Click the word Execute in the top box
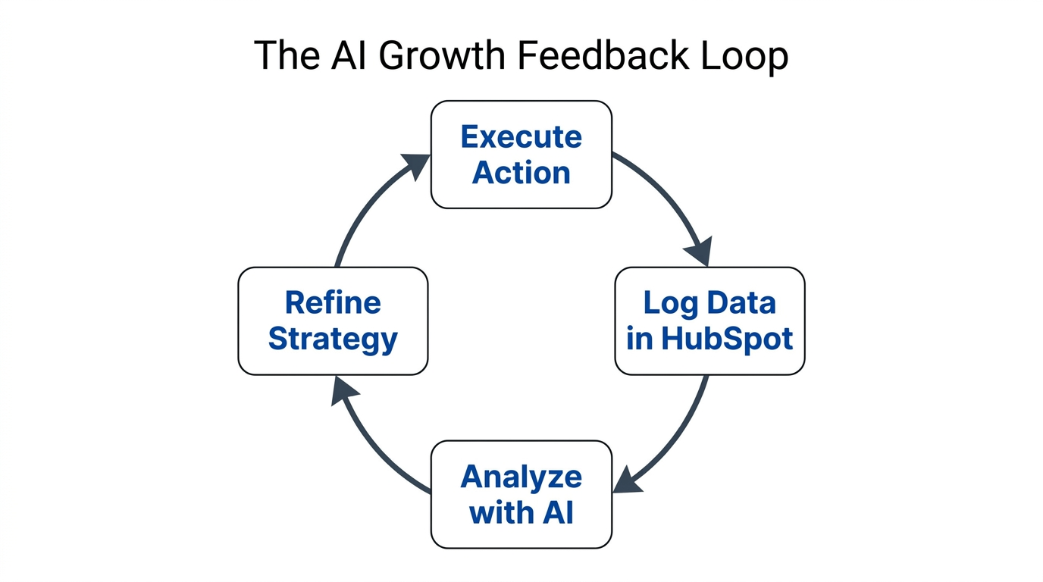(x=521, y=137)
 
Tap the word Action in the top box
(x=521, y=173)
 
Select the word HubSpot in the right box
(x=727, y=339)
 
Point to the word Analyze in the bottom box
(x=521, y=477)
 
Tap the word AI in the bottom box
(x=557, y=513)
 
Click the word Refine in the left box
(x=333, y=303)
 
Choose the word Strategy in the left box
(x=333, y=339)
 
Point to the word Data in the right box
(x=743, y=304)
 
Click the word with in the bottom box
(x=500, y=513)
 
